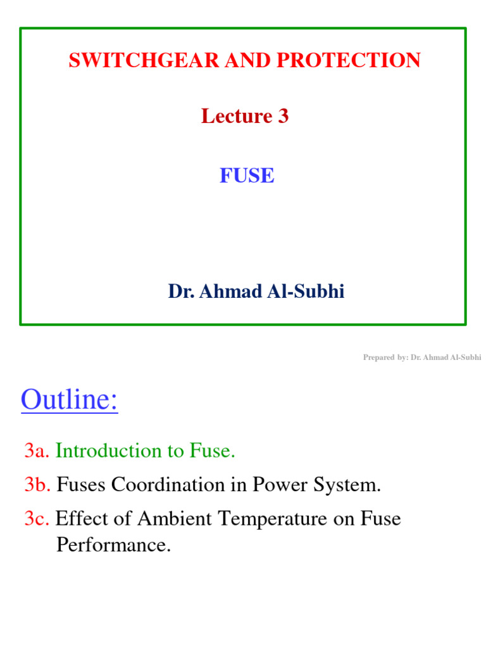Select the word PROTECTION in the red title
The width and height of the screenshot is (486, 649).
[x=360, y=60]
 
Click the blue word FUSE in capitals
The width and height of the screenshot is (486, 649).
[x=247, y=176]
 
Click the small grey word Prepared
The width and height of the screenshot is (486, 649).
[x=378, y=357]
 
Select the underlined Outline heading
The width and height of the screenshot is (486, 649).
[x=69, y=401]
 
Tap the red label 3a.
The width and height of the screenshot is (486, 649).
[x=37, y=451]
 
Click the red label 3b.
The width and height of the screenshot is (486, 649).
[x=38, y=485]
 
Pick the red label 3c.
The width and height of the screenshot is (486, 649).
[x=37, y=520]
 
